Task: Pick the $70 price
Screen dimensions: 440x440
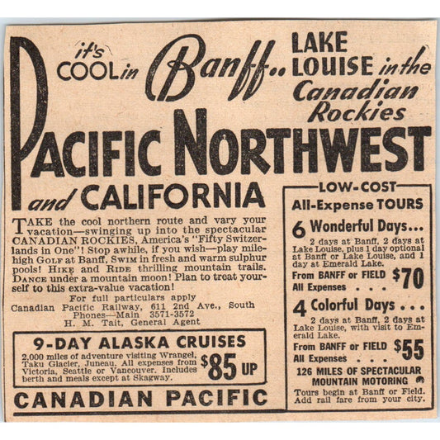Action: click(x=406, y=277)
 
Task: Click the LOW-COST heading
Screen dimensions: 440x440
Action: click(x=356, y=187)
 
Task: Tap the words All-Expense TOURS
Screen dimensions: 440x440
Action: click(x=356, y=204)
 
